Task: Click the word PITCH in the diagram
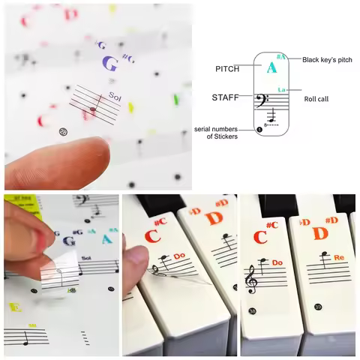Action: pos(227,69)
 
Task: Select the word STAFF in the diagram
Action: pos(226,97)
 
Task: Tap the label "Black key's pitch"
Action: pos(327,59)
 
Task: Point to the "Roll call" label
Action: pos(316,98)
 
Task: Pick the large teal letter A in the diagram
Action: pos(271,68)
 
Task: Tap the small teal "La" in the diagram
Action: pos(282,89)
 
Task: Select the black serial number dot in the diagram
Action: pos(259,129)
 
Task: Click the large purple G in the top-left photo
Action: pos(109,64)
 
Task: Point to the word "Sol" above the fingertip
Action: pos(114,95)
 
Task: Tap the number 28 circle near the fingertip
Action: pos(62,132)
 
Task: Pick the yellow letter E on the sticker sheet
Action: pos(13,307)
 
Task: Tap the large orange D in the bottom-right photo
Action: pos(320,235)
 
